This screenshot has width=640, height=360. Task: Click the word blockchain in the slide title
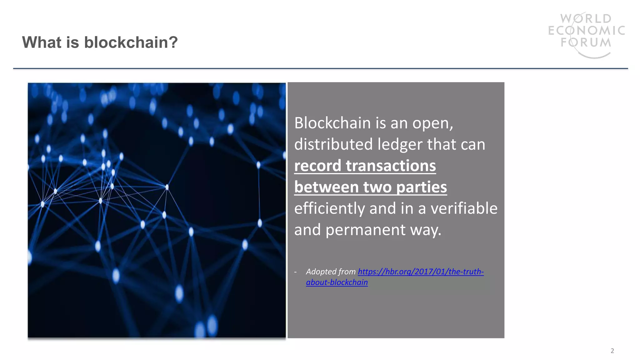pyautogui.click(x=131, y=42)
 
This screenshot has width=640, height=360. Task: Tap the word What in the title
pyautogui.click(x=42, y=42)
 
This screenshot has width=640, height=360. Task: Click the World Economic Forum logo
pyautogui.click(x=586, y=34)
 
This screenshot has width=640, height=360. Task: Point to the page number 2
pyautogui.click(x=612, y=351)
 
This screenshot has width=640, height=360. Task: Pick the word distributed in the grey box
pyautogui.click(x=333, y=144)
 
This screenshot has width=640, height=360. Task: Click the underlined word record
pyautogui.click(x=317, y=166)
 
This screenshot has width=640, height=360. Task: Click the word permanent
pyautogui.click(x=365, y=230)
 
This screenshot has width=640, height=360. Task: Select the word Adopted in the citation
pyautogui.click(x=321, y=272)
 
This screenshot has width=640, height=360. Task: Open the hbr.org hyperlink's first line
pyautogui.click(x=421, y=272)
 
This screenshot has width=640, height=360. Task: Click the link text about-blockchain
pyautogui.click(x=337, y=282)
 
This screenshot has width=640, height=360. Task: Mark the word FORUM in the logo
pyautogui.click(x=586, y=42)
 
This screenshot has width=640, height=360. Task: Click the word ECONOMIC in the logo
pyautogui.click(x=587, y=31)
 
